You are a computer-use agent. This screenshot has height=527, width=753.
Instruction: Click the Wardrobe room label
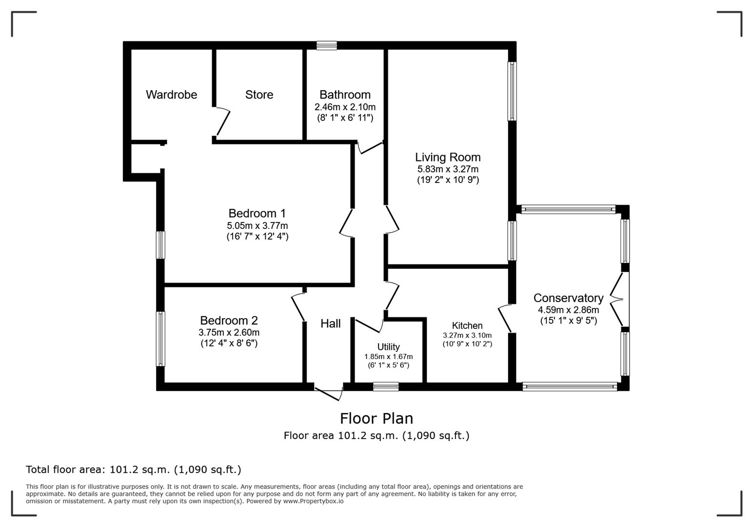pos(171,95)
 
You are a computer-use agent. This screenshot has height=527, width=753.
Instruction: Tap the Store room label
pos(259,95)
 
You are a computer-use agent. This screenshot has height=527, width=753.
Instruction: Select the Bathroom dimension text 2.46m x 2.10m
pos(345,107)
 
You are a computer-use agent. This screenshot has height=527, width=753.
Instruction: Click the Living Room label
pos(448,157)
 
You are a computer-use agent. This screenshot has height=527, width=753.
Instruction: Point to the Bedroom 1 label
pos(257,213)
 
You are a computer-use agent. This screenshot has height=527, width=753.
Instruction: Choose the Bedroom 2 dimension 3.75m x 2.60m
pos(229,332)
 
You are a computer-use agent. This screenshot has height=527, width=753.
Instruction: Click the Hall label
pos(330,324)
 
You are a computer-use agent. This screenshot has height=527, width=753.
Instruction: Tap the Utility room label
pos(388,347)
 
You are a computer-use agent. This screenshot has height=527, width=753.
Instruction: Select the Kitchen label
pos(467,325)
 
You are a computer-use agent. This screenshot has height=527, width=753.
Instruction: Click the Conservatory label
pos(568,298)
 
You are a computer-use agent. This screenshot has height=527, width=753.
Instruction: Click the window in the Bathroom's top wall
pos(326,45)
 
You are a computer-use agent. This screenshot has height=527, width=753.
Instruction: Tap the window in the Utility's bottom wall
pos(386,386)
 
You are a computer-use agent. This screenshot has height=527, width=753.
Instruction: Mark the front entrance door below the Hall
pos(329,392)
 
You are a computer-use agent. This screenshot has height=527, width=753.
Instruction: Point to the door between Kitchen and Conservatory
pos(505,319)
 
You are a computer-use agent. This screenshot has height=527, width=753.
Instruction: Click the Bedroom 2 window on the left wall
pos(160,339)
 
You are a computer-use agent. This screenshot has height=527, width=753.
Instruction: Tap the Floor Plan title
pos(376,418)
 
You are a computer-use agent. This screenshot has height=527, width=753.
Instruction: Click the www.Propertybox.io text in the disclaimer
pos(313,501)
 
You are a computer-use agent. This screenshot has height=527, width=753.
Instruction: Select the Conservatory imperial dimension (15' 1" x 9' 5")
pos(568,321)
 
